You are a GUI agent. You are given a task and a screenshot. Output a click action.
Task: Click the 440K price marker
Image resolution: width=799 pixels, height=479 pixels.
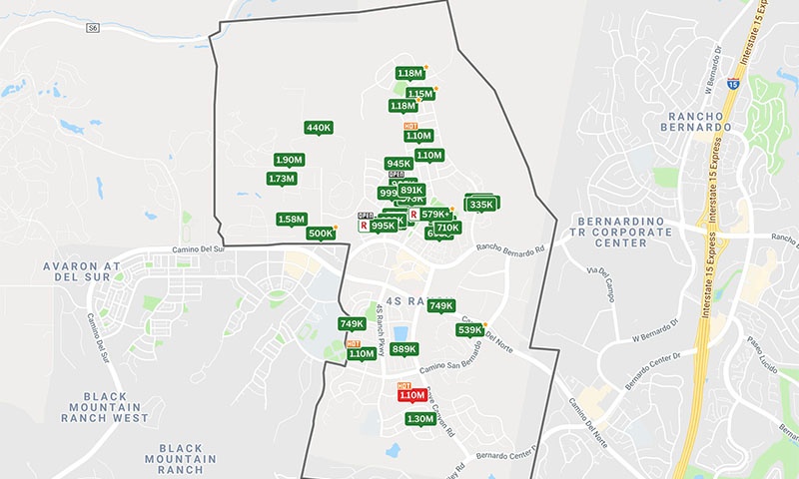319,128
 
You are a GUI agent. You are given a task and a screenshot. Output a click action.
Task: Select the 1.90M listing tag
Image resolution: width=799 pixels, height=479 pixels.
289,160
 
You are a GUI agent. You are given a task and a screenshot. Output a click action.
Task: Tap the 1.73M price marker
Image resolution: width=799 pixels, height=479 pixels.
283,179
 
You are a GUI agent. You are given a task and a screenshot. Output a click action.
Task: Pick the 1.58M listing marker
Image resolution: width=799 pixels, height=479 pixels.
292,219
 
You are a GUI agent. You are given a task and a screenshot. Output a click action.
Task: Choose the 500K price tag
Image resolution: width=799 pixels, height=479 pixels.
321,234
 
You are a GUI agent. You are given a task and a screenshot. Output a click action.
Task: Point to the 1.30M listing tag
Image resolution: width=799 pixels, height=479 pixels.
420,419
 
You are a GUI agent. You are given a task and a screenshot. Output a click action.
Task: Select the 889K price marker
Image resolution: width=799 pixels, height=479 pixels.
404,349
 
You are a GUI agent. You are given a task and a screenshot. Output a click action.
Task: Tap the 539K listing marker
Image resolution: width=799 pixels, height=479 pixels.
469,330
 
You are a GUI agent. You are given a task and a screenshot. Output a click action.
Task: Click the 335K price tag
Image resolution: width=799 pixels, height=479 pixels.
481,205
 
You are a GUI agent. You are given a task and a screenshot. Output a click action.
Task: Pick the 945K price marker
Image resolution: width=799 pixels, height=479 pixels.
399,164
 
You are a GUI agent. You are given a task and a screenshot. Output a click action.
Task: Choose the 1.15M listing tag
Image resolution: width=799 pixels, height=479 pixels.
419,94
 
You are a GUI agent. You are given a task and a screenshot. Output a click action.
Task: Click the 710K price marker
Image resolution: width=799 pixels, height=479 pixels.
447,228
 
